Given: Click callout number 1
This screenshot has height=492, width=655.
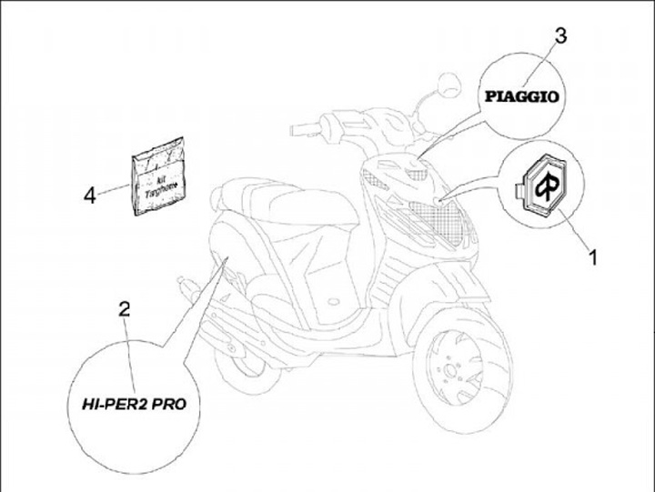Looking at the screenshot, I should (592, 257).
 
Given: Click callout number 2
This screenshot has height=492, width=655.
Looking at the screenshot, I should (125, 308).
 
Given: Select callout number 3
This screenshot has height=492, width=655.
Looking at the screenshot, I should (560, 36).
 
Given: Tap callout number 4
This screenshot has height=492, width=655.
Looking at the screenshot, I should (89, 195).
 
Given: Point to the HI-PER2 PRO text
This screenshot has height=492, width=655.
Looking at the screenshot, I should (132, 402).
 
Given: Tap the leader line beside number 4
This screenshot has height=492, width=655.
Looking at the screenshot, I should (114, 188).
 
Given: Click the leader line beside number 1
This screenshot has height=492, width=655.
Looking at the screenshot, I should (573, 231).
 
